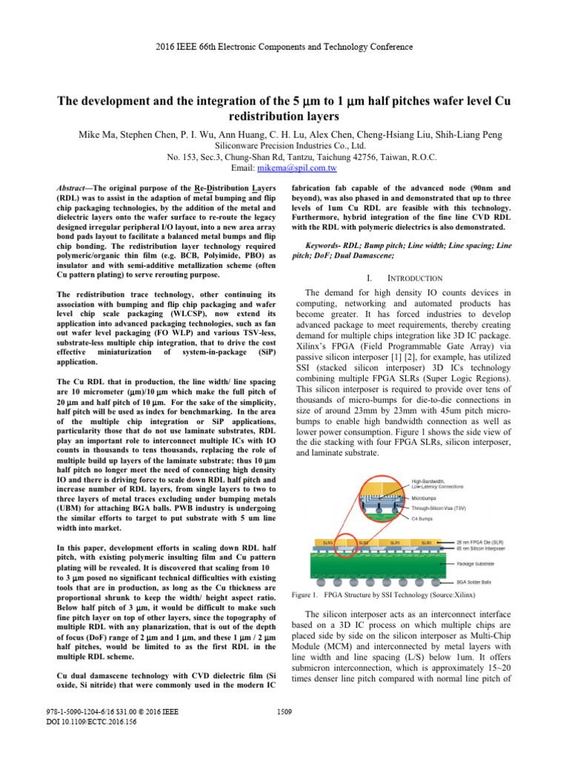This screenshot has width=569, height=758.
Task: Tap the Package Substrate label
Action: click(472, 563)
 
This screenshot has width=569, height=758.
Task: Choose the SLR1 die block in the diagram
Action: click(396, 542)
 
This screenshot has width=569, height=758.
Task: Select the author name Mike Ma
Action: click(99, 135)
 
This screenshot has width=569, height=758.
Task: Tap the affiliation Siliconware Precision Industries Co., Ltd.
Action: click(284, 147)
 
